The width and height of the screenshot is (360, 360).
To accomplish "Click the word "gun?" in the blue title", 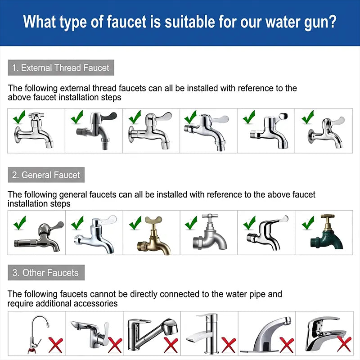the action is pos(320,22).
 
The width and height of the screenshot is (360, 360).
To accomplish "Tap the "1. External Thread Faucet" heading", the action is pos(61,68).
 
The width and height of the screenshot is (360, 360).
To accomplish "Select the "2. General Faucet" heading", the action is pos(46,175).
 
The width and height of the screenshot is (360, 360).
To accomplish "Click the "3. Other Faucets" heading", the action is pos(46,273).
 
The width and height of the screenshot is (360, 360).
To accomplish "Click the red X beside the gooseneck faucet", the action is pos(55,345).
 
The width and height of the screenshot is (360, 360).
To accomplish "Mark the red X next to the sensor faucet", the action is pos(287,345).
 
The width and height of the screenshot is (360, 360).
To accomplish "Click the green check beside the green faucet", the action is pos(308,223).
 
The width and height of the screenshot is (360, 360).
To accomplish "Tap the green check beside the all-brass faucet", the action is pos(135,223).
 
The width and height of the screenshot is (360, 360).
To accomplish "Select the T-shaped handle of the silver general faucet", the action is pos(210,216).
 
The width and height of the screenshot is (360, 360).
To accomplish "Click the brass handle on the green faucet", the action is pos(328,216).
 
